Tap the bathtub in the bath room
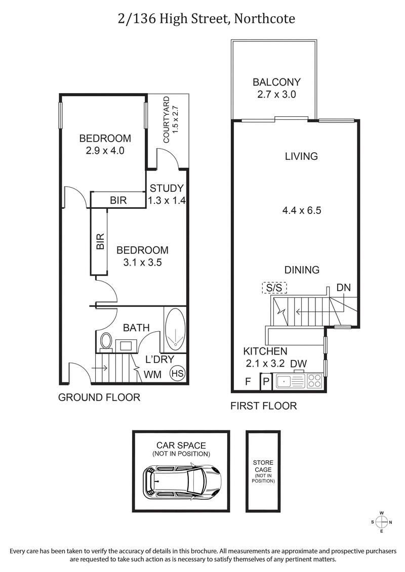[x=175, y=329]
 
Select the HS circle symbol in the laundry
[x=178, y=374]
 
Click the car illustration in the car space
[x=183, y=479]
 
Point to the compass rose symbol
[x=382, y=522]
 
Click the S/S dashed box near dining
[x=274, y=288]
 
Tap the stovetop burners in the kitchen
[x=314, y=380]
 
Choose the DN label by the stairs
[x=343, y=288]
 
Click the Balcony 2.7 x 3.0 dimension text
[x=276, y=94]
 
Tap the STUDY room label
[x=167, y=188]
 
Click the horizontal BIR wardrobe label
[x=118, y=200]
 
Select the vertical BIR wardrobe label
[x=100, y=242]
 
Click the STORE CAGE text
[x=263, y=466]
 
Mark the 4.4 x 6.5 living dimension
[x=302, y=210]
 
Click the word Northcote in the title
[x=263, y=19]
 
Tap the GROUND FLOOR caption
[x=99, y=398]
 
